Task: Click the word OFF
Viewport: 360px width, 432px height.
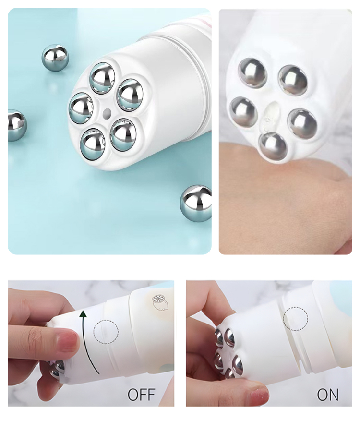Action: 141,395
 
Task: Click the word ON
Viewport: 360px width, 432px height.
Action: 327,395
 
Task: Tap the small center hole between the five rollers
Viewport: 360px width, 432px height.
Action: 106,113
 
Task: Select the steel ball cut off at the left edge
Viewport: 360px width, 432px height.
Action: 16,125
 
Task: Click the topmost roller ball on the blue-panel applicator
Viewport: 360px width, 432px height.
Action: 102,78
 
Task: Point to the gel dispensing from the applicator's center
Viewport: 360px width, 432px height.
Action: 271,118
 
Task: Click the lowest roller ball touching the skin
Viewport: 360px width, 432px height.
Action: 273,146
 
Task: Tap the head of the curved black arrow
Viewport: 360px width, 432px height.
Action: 83,314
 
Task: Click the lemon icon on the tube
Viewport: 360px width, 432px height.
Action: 160,302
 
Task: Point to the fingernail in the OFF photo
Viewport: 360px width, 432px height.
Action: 67,341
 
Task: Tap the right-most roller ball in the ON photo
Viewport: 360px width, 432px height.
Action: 237,366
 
